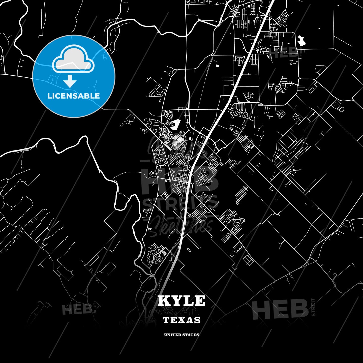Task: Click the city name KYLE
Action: coord(181,301)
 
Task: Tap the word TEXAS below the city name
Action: coord(181,320)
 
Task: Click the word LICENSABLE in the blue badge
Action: coord(74,96)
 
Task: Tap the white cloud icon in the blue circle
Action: coord(73,59)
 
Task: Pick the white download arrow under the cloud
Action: coord(70,81)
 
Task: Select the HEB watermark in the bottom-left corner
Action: coord(77,309)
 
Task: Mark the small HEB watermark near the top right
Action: coord(285,52)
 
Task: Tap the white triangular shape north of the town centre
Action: coord(176,124)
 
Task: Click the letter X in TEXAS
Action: coord(181,320)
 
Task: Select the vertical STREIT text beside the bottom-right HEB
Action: coord(313,307)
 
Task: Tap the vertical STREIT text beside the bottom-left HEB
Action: coord(95,308)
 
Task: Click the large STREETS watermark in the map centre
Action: coord(180,203)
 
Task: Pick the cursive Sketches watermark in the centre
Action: coord(181,226)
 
